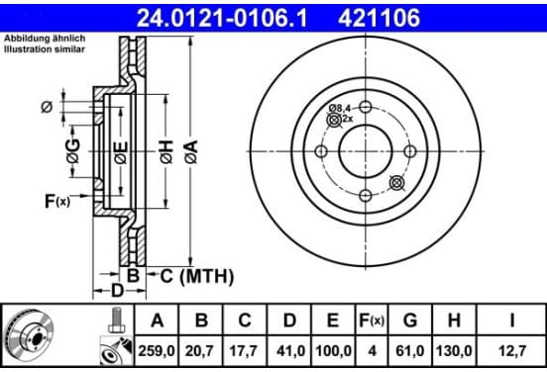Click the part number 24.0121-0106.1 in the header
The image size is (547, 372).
(x=222, y=18)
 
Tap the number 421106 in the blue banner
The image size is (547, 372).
(x=379, y=18)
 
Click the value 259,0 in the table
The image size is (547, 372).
(x=157, y=351)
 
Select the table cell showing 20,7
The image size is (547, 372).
(x=201, y=351)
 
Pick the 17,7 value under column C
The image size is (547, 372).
(x=245, y=351)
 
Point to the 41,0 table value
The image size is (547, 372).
(x=289, y=351)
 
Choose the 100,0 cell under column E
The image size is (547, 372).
(x=333, y=351)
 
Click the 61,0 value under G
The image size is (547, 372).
(x=409, y=351)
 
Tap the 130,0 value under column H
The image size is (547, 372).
(x=454, y=351)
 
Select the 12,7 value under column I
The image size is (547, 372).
(x=512, y=351)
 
